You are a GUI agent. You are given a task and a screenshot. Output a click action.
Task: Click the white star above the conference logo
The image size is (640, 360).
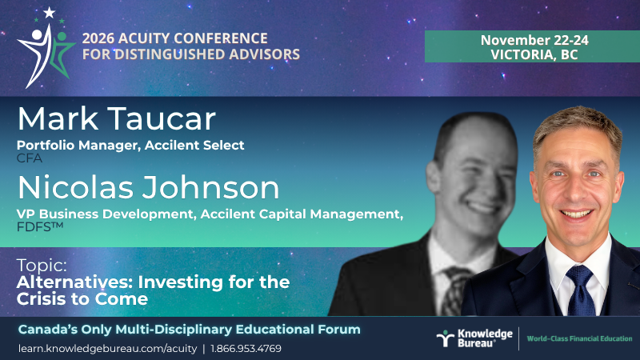(x=50, y=13)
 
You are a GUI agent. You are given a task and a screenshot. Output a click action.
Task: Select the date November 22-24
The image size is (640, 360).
(x=534, y=40)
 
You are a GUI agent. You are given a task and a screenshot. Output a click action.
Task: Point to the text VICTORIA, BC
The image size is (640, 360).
(x=534, y=54)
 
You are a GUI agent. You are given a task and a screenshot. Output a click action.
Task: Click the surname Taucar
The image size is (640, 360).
(x=162, y=118)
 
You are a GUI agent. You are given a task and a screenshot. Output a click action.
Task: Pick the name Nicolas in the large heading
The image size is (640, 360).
(x=75, y=187)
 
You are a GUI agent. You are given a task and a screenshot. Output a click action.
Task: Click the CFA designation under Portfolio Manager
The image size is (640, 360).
(x=30, y=158)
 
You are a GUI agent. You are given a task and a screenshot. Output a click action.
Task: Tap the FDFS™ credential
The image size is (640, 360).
(x=40, y=226)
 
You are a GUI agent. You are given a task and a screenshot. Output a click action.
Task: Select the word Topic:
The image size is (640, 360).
(x=42, y=266)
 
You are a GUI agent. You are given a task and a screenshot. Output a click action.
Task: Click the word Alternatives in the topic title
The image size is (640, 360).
(x=74, y=282)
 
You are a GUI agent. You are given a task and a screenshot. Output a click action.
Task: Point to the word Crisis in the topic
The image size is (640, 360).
(x=40, y=299)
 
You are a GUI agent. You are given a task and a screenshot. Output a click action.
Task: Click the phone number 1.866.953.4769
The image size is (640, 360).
(x=246, y=349)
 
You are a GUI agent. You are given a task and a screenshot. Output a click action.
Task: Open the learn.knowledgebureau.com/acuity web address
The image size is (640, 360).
(x=108, y=349)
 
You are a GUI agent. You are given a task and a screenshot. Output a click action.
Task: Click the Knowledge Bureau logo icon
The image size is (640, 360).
(x=446, y=338)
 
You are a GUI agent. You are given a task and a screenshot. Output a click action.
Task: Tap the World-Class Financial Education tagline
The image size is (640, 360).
(x=579, y=338)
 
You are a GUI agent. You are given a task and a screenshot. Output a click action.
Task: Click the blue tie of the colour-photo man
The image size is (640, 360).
(x=581, y=290)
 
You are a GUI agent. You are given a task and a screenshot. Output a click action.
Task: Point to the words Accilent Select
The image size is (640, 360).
(x=194, y=146)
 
